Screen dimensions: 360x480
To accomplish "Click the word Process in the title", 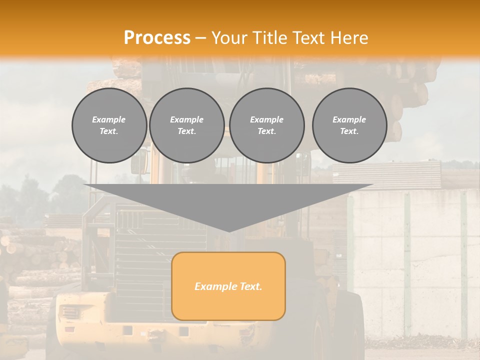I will point(157,38).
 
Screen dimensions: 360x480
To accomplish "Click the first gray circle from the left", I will point(109,125).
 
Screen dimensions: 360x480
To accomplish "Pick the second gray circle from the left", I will point(187,125).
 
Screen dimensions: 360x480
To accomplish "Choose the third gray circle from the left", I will point(266,125).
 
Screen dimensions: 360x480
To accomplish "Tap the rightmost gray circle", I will point(349,125).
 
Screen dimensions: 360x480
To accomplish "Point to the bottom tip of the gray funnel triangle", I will point(228,231).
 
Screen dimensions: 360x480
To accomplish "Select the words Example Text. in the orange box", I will point(228,286).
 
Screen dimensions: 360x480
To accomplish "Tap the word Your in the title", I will point(229,38).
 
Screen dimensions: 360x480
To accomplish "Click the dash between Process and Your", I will point(201,38).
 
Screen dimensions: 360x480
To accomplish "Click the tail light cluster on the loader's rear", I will point(68,313).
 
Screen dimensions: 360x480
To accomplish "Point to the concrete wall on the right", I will point(415,260).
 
